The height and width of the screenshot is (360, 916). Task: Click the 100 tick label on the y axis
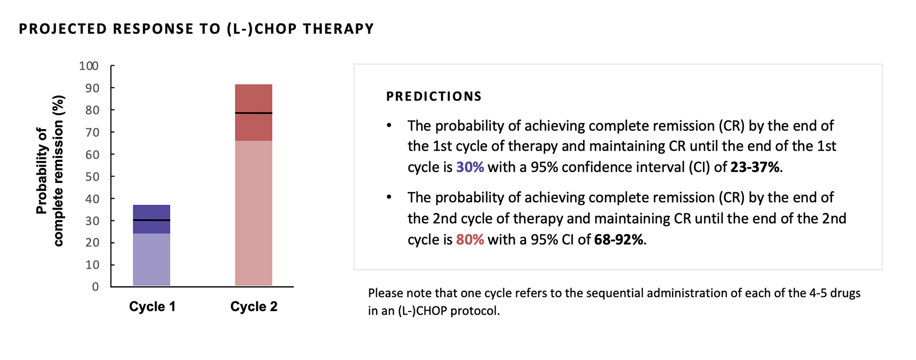point(89,66)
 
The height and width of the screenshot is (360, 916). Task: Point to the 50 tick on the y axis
point(92,176)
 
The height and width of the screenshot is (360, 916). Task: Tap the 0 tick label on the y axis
point(95,287)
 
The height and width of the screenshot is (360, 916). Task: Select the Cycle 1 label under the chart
point(152,306)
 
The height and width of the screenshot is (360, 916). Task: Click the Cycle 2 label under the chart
point(254,306)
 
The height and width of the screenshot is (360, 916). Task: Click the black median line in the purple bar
point(152,220)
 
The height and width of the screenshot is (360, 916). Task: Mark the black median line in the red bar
point(254,113)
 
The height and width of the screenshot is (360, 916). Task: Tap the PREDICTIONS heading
point(434,96)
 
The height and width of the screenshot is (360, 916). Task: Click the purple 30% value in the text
point(469,167)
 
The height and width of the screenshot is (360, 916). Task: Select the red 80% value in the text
point(469,240)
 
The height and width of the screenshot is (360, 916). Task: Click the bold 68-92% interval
point(618,240)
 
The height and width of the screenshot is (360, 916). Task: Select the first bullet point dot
point(389,126)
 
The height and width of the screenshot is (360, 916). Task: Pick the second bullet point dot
point(389,197)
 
